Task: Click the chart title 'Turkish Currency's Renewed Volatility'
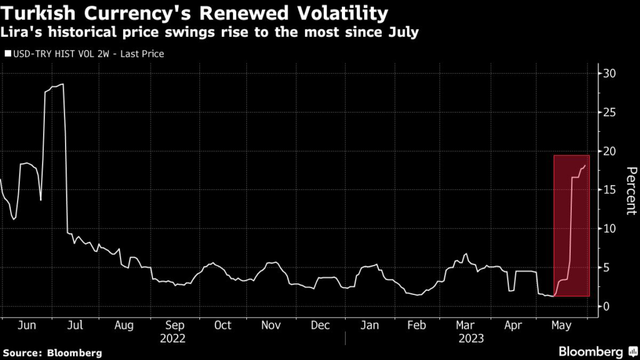tap(194, 12)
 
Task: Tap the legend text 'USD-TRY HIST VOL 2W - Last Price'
tap(88, 54)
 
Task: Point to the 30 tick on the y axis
tap(609, 74)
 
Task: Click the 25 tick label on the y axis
tap(609, 112)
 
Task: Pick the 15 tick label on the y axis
tap(609, 190)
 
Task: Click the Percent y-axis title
tap(631, 191)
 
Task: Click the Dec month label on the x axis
tap(320, 326)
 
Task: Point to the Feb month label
tap(417, 326)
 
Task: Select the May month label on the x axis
tap(561, 326)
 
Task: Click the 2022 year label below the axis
tap(173, 338)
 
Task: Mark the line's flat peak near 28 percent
tap(54, 86)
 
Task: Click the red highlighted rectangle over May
tap(571, 226)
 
